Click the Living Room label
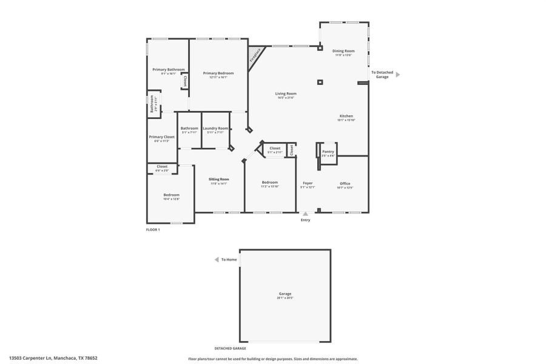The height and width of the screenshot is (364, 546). (x=286, y=93)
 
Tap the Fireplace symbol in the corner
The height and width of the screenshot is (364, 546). (x=255, y=55)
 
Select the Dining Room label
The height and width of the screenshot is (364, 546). (x=344, y=51)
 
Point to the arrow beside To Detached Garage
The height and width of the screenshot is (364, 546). (x=398, y=75)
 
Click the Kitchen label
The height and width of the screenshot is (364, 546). (x=346, y=116)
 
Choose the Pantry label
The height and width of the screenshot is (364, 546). (x=328, y=152)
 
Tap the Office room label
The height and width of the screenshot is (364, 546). (x=345, y=183)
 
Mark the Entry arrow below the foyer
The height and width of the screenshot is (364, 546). (x=305, y=214)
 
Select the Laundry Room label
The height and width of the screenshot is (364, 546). (x=215, y=128)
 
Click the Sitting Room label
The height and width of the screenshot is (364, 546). (x=218, y=179)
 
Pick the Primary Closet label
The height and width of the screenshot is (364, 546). (x=161, y=137)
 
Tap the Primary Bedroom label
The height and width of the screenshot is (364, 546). (x=218, y=73)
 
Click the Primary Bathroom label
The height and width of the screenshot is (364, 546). (x=168, y=70)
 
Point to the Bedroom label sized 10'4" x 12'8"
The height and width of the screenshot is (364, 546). (x=171, y=195)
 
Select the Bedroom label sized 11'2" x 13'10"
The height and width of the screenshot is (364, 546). (x=270, y=182)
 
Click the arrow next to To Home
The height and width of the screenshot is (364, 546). (x=216, y=260)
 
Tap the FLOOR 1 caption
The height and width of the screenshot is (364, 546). (x=153, y=230)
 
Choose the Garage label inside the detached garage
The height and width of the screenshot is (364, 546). (x=285, y=294)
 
